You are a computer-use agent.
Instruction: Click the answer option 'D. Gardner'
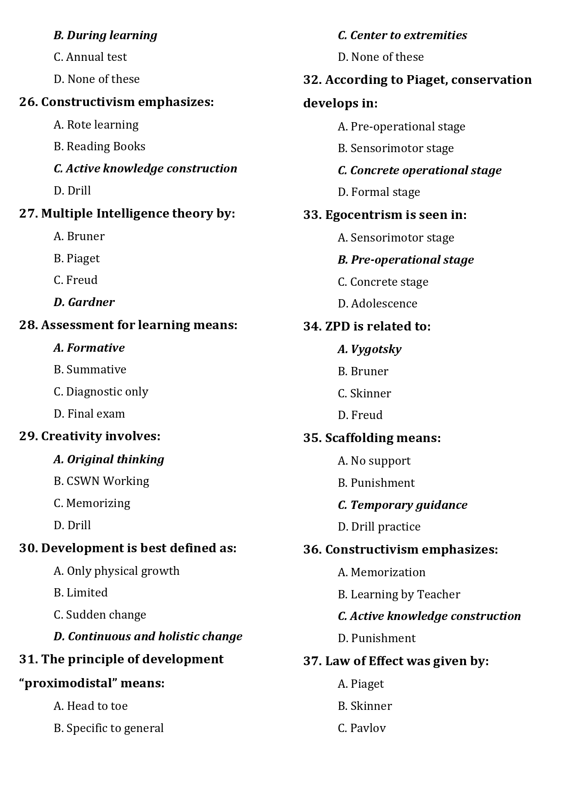click(84, 302)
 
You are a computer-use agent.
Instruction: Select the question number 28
click(28, 325)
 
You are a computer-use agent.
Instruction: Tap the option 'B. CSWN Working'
click(101, 481)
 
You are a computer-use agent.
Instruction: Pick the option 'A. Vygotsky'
click(369, 349)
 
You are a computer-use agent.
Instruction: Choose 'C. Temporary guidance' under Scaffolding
click(402, 505)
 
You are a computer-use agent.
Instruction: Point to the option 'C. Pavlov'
click(362, 728)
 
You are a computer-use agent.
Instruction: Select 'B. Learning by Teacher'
click(399, 595)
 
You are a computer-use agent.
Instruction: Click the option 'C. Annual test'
click(90, 57)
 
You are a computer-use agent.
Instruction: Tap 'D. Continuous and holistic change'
click(148, 637)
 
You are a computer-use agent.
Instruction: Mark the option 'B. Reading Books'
click(99, 147)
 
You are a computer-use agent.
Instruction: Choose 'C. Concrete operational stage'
click(419, 171)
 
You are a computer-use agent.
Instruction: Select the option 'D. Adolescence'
click(377, 304)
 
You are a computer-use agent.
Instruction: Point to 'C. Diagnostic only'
click(101, 392)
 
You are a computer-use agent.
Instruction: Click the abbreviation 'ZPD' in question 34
click(337, 327)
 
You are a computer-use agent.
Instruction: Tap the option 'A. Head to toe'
click(90, 706)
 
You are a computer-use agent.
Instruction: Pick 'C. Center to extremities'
click(402, 35)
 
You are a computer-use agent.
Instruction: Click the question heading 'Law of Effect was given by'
click(406, 661)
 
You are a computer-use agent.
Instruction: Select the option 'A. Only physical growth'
click(116, 571)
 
